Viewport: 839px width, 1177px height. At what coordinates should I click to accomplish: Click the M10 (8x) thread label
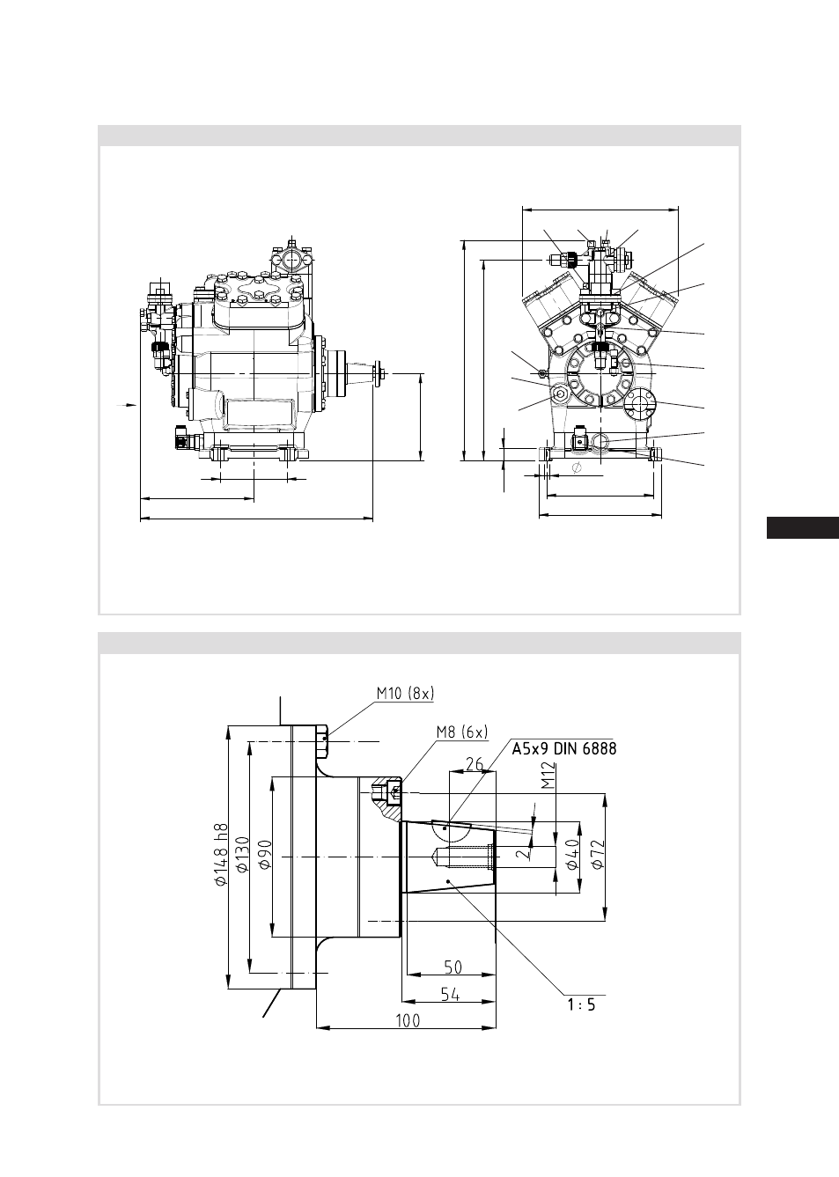[405, 694]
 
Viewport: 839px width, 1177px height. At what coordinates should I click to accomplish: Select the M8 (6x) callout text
[462, 732]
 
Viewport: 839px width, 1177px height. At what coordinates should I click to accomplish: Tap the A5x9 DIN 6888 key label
[563, 748]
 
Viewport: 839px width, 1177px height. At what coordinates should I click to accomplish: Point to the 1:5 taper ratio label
[581, 1004]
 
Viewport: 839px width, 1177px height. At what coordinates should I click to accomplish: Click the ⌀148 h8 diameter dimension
[222, 855]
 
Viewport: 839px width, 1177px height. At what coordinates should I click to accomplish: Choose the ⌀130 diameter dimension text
[242, 855]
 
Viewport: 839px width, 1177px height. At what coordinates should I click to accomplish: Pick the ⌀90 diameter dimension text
[265, 855]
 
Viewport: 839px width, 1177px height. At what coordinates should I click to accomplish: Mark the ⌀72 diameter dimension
[598, 855]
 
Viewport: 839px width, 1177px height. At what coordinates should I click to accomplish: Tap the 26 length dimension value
[474, 764]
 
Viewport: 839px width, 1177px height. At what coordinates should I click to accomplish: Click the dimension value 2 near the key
[523, 853]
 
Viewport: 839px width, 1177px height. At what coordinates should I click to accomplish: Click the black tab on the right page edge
[803, 527]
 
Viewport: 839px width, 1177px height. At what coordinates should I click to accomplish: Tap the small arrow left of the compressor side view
[126, 405]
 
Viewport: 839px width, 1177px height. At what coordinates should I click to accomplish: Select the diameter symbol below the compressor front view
[576, 467]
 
